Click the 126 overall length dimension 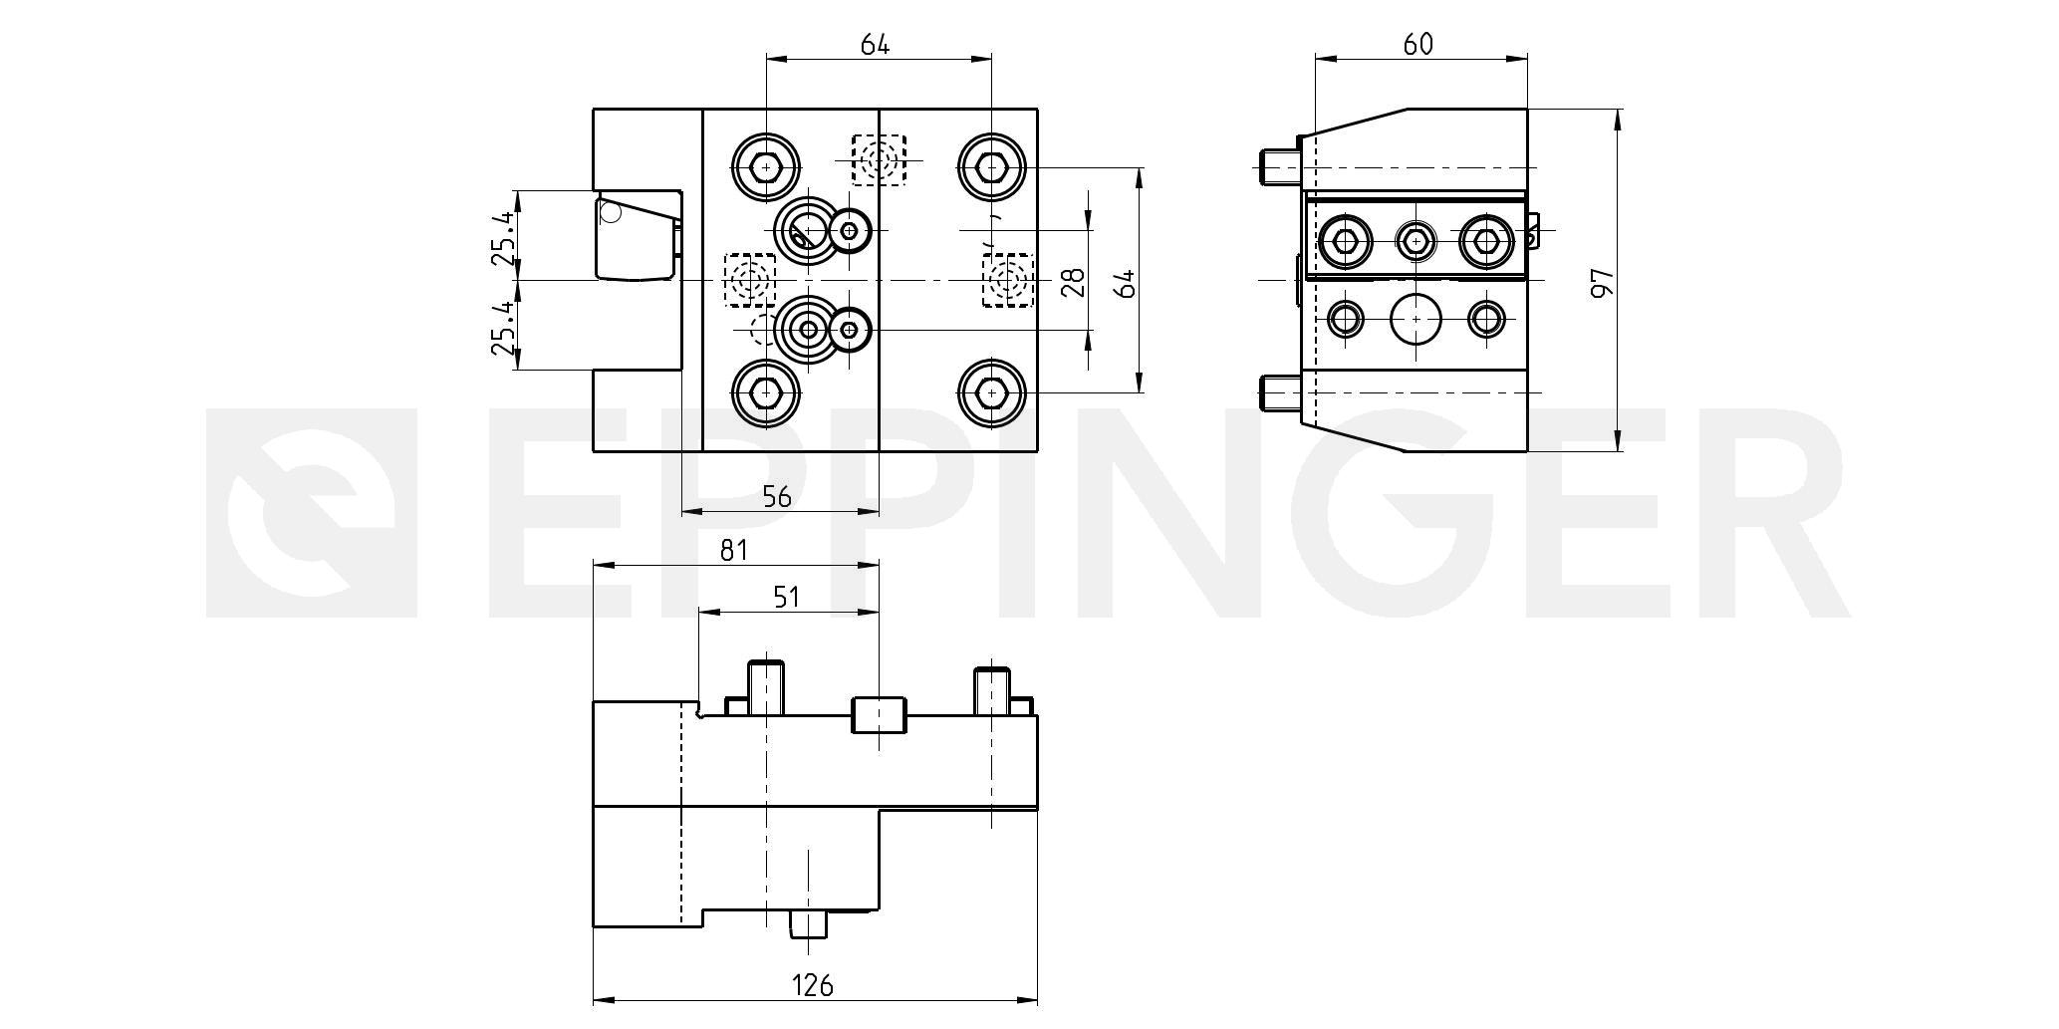tap(812, 985)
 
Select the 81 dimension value tap(733, 550)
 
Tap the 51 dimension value tap(787, 597)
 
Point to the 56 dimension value tap(776, 497)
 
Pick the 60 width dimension tap(1417, 44)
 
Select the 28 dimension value tap(1073, 283)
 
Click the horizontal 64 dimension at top tap(874, 44)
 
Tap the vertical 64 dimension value tap(1127, 283)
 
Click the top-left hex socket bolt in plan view tap(766, 168)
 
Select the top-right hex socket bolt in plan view tap(992, 168)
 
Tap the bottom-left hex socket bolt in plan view tap(766, 393)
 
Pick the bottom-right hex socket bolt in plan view tap(992, 393)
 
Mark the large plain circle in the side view tap(1416, 319)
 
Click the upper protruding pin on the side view tap(1280, 166)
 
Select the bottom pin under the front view tap(808, 925)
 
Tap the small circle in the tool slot tap(611, 212)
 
